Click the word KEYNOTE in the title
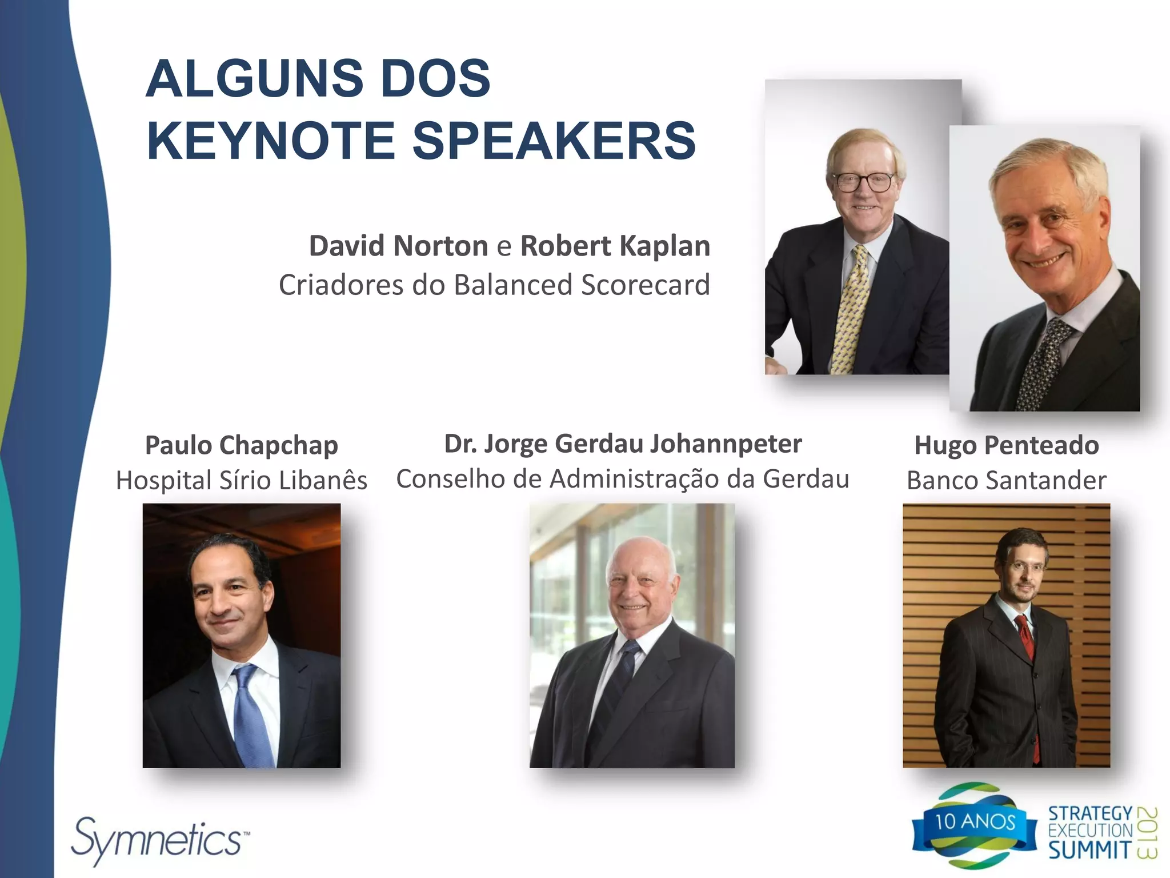(x=271, y=141)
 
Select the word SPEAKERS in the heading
(x=554, y=141)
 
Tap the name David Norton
(x=398, y=246)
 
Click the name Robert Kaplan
(x=615, y=246)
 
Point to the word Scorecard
(x=645, y=285)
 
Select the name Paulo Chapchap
(x=241, y=445)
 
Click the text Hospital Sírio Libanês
(x=241, y=480)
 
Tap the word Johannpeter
(x=726, y=444)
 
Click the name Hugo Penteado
(x=1006, y=445)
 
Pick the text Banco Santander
(x=1006, y=480)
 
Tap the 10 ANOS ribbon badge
(x=975, y=822)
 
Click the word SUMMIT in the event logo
(x=1089, y=849)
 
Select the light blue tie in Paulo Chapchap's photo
(x=251, y=715)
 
